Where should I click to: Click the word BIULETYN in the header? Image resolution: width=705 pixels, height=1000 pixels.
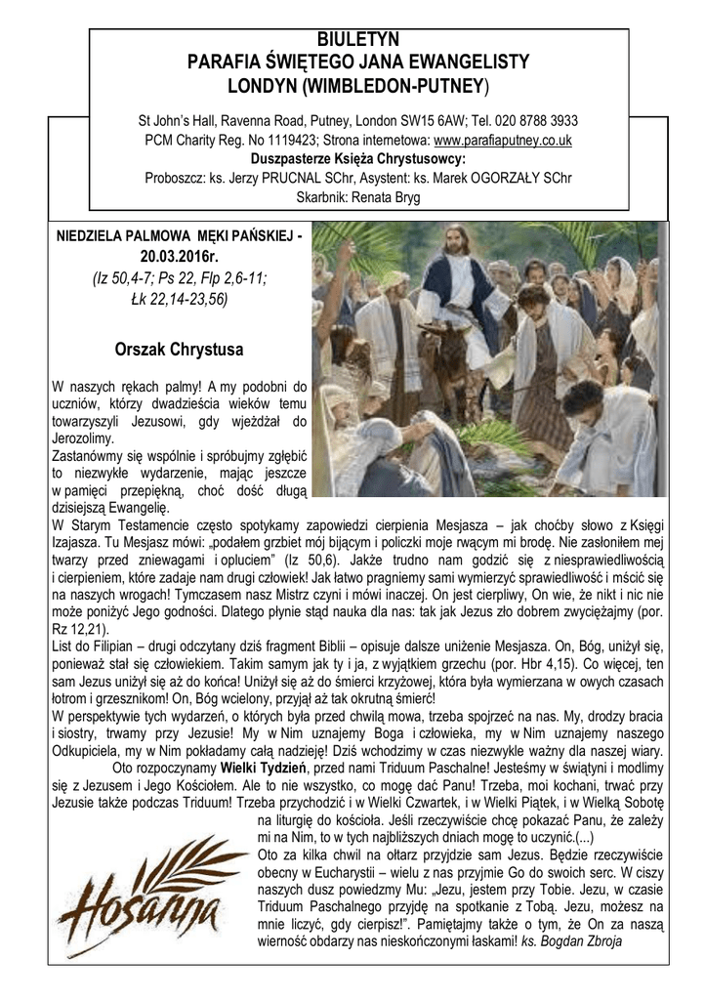point(359,40)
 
